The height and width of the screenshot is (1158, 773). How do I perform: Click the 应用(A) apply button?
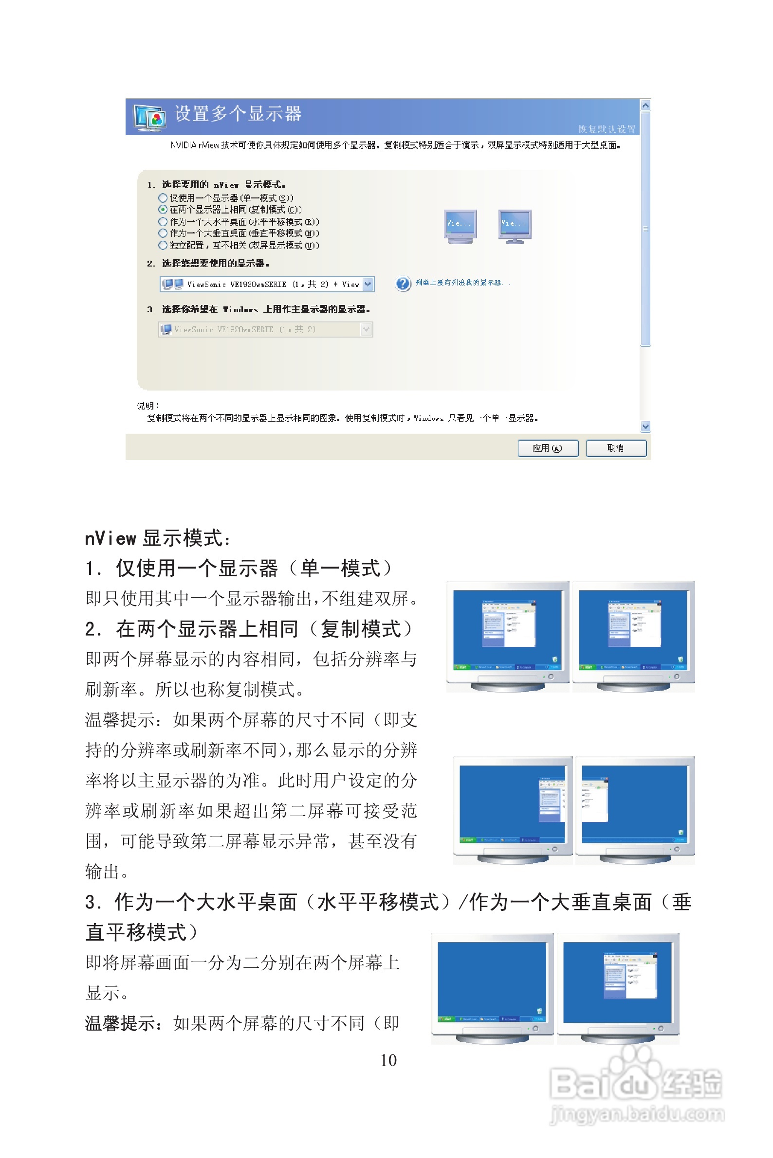click(547, 448)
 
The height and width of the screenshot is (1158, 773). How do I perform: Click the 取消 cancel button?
click(615, 448)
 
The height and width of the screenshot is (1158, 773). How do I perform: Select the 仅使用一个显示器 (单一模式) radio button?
click(163, 198)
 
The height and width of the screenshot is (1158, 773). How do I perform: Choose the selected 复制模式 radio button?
click(163, 210)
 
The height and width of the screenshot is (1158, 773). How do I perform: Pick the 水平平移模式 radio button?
click(163, 222)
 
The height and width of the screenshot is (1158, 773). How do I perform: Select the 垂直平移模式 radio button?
click(163, 233)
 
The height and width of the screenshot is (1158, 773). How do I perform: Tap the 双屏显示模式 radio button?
click(163, 245)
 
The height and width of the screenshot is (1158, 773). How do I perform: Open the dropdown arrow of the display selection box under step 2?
click(368, 284)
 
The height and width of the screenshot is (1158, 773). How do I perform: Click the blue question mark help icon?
click(403, 284)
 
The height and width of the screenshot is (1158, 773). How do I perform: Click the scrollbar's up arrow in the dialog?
click(645, 106)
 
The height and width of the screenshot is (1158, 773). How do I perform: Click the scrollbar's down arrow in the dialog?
click(645, 427)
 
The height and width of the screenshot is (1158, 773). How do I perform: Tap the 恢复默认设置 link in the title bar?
click(607, 129)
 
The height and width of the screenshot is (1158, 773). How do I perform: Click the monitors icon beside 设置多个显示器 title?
click(149, 117)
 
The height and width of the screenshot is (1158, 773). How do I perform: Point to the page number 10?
click(388, 1060)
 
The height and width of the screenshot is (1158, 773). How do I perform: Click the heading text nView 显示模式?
click(158, 538)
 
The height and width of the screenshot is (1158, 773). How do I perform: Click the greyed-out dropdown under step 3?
click(265, 330)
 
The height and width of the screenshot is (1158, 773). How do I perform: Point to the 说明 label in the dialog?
click(147, 406)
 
